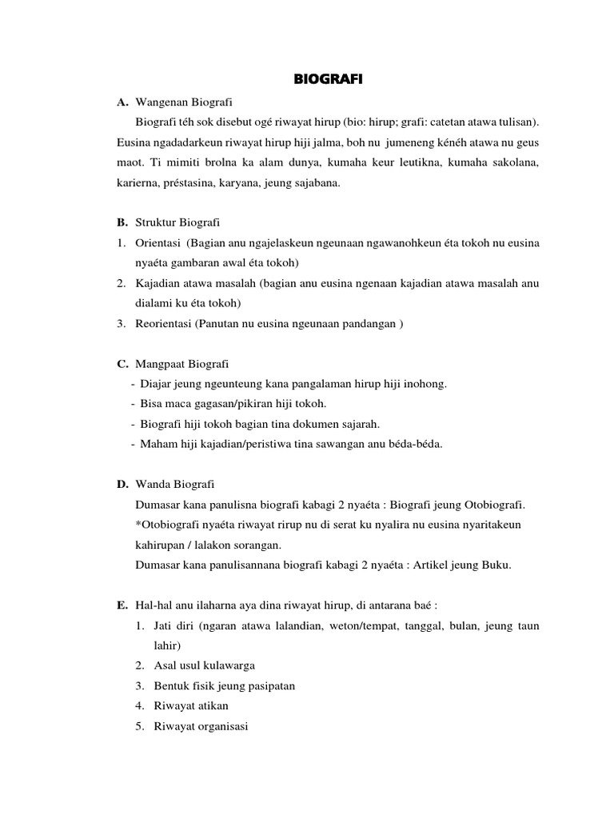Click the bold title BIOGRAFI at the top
[x=328, y=80]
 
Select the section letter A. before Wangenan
[x=122, y=102]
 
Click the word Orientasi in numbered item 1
[x=160, y=242]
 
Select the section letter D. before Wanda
[x=122, y=485]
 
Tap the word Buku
[x=496, y=565]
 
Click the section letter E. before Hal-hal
[x=122, y=605]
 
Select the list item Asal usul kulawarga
[x=205, y=665]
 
